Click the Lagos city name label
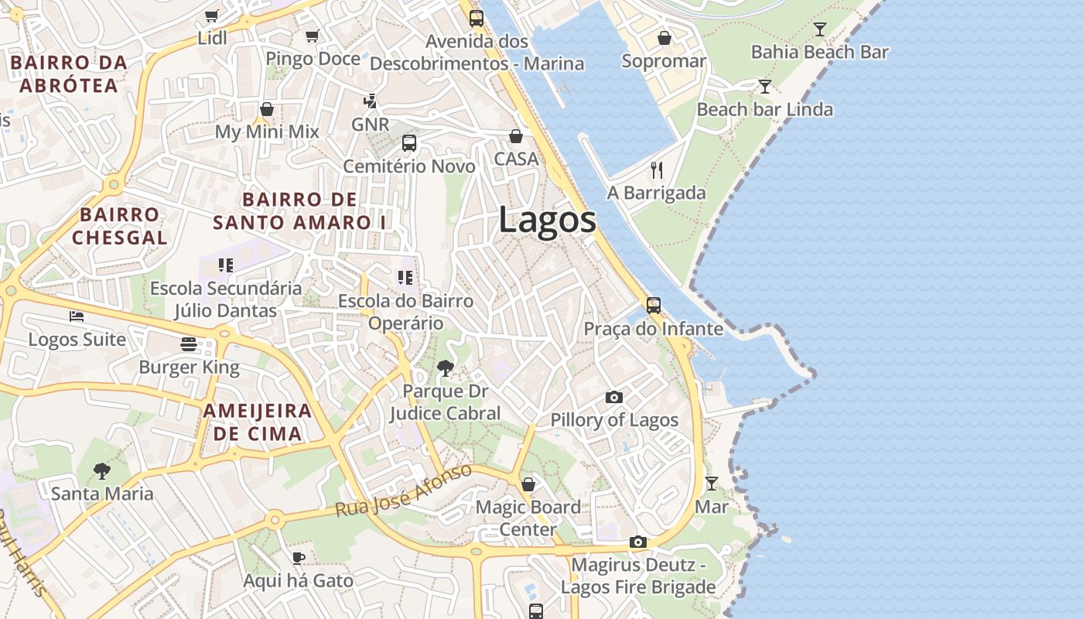(547, 220)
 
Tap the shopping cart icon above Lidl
(211, 15)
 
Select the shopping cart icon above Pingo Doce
(313, 36)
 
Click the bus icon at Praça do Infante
(654, 306)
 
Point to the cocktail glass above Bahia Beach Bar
(820, 29)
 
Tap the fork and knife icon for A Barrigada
(657, 170)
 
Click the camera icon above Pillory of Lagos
(614, 397)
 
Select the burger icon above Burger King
(189, 344)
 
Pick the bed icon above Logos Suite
(77, 316)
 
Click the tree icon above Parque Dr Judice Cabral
(445, 368)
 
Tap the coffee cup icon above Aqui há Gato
(299, 558)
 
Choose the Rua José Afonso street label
(403, 491)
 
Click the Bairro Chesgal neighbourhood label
(120, 226)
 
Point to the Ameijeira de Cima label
(258, 422)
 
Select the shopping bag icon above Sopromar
(664, 38)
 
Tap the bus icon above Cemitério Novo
(409, 143)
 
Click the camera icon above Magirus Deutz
(637, 542)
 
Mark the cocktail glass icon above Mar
(712, 484)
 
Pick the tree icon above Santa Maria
(101, 470)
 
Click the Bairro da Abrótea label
(69, 74)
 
